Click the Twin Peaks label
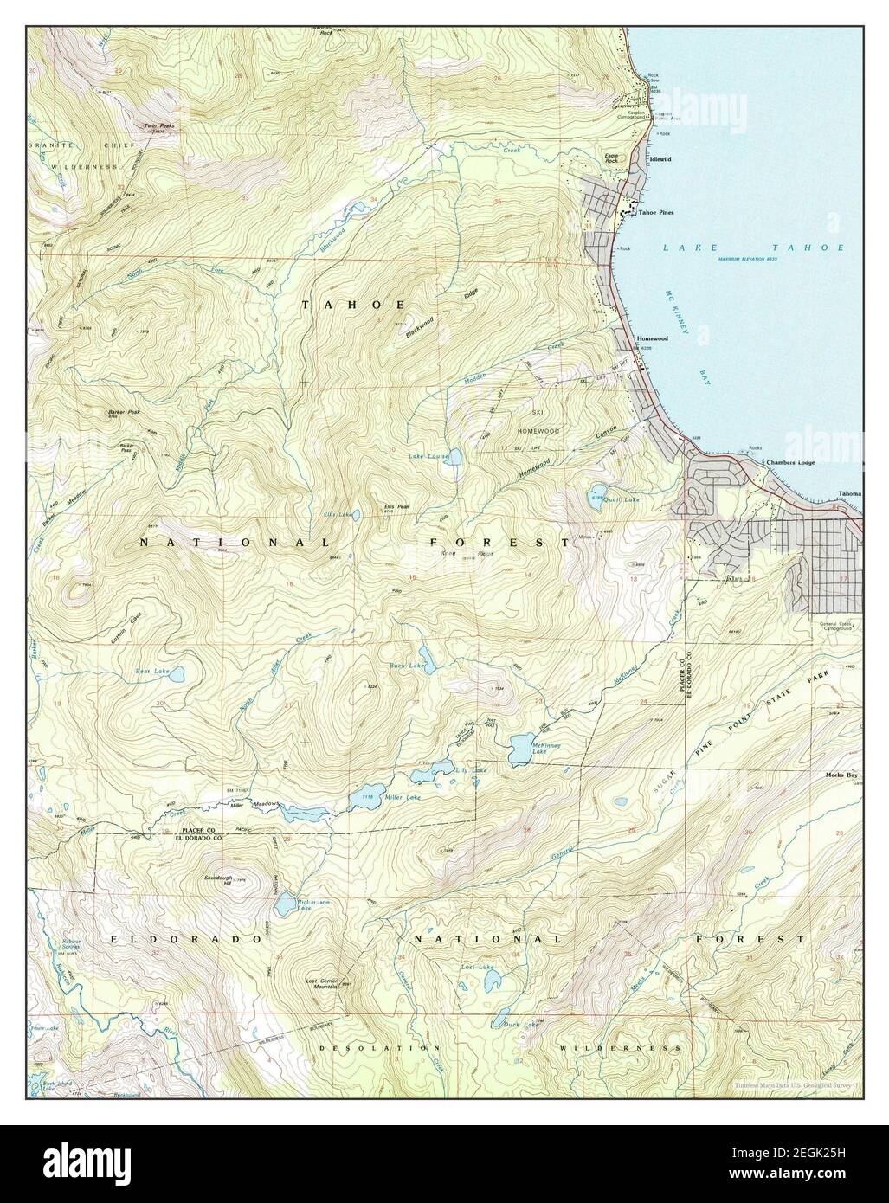click(159, 125)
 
